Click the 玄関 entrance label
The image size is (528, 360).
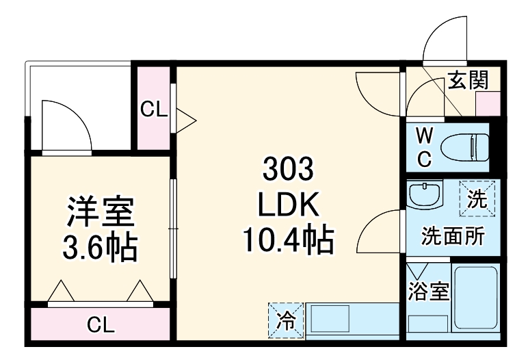coord(468,81)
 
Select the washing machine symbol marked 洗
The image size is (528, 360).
coord(477,198)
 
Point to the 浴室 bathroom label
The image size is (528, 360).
coord(428,292)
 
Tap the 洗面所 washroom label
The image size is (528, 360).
coord(453,236)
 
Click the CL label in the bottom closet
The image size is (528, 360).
coord(101,325)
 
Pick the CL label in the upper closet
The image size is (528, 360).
coord(154,109)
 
